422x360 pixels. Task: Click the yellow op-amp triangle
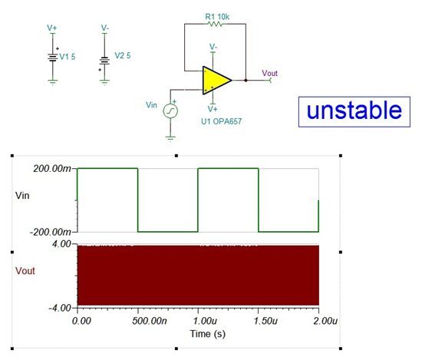(216, 81)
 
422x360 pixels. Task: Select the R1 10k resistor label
(217, 17)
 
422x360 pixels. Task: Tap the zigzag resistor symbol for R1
(215, 24)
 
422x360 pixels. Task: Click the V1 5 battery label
(68, 57)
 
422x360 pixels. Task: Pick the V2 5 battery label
(123, 55)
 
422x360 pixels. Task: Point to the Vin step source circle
(170, 111)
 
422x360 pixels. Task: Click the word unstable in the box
(354, 111)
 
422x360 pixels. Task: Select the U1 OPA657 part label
(221, 121)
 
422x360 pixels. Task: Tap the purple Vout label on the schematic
(269, 73)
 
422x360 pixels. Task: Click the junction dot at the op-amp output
(246, 81)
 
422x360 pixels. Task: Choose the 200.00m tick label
(52, 169)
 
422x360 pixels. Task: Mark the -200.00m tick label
(51, 232)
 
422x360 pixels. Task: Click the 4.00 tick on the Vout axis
(62, 244)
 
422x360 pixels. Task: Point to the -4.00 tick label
(60, 308)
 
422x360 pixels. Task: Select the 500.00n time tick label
(150, 321)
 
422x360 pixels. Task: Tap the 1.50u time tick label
(265, 321)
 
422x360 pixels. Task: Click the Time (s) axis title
(207, 334)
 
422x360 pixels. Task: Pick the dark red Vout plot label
(25, 271)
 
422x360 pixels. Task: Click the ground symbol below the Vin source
(170, 139)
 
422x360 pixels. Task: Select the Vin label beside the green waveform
(22, 196)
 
